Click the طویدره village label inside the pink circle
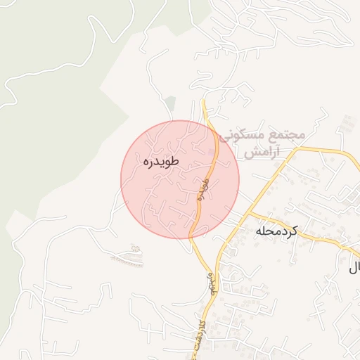[161, 161]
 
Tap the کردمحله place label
[276, 231]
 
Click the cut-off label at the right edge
[355, 267]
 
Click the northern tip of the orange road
[202, 101]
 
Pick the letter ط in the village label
[175, 161]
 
